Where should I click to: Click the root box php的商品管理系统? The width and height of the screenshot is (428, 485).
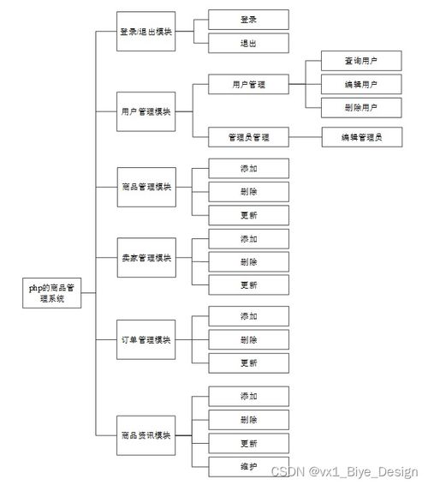click(51, 292)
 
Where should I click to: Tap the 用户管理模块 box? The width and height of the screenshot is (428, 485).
click(146, 111)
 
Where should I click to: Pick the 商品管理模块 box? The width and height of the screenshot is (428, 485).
click(146, 186)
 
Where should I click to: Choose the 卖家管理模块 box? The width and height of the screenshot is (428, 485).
click(146, 258)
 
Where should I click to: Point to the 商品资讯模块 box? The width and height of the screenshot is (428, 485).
click(146, 435)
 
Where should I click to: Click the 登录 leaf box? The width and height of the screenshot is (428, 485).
click(248, 19)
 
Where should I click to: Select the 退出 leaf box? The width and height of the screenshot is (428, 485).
click(248, 44)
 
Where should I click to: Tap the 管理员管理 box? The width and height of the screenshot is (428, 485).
click(248, 136)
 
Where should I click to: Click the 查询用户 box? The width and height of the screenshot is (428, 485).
click(360, 61)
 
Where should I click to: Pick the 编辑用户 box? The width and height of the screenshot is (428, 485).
click(360, 85)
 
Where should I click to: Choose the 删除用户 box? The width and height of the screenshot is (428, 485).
click(360, 108)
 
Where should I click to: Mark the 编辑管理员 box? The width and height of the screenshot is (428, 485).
click(360, 136)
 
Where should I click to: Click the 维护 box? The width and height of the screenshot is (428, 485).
click(248, 467)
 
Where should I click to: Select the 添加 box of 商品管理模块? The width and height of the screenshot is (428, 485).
click(248, 168)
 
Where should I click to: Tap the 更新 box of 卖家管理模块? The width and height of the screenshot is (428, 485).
click(248, 285)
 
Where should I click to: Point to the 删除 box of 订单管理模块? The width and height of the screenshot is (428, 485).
click(248, 340)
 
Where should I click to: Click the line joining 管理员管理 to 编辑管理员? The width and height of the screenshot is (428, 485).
click(305, 136)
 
